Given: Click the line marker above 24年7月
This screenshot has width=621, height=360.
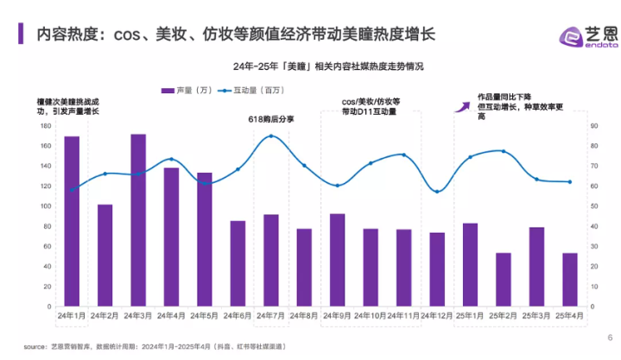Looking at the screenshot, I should (271, 136).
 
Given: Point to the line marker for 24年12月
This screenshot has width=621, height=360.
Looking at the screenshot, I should (437, 192).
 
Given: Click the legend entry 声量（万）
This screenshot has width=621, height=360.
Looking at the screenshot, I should (187, 90).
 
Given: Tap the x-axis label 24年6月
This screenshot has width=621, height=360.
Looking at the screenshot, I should (238, 317).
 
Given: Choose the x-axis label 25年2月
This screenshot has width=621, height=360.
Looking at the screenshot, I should (504, 317).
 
